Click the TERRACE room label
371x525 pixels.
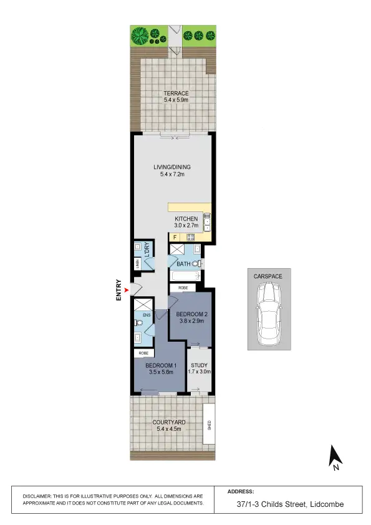(x=172, y=93)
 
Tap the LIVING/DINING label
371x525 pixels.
(x=172, y=166)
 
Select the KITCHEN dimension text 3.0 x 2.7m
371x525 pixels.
(x=186, y=226)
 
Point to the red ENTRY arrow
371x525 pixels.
(x=127, y=290)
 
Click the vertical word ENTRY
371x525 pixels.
(x=118, y=291)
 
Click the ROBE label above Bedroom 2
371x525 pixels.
(x=183, y=287)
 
